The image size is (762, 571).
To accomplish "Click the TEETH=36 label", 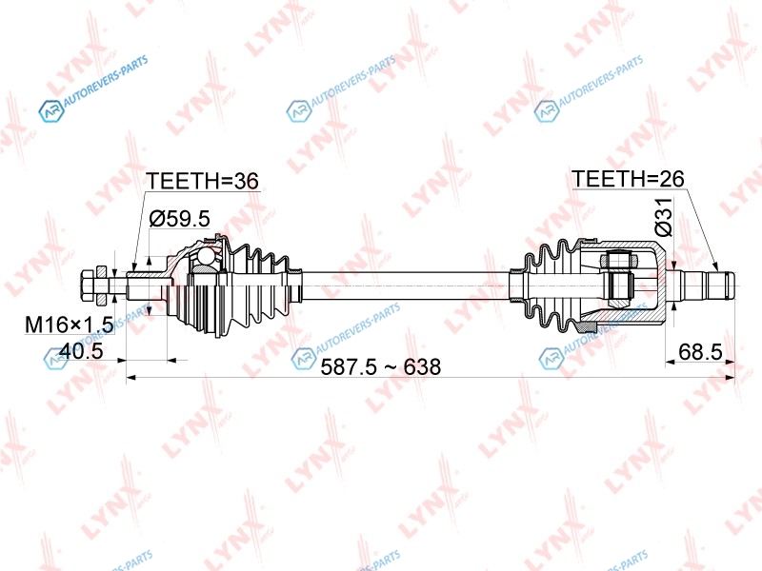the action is (203, 181).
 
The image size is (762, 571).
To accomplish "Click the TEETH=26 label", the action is (628, 179).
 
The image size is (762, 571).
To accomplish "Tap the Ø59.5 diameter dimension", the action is (180, 219).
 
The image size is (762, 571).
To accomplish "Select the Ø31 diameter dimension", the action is (663, 217).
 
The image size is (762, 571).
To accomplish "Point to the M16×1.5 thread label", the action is (69, 325).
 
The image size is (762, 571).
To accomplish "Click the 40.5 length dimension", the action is (81, 350).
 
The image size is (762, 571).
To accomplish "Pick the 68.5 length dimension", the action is (700, 351).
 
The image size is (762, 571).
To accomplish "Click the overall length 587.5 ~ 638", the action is (380, 366).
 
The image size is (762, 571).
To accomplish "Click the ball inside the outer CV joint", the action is (206, 255).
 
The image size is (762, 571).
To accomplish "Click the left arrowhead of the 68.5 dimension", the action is (671, 362).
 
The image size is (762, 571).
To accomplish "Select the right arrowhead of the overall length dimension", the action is (730, 376).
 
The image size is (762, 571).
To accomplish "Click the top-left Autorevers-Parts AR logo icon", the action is (51, 110).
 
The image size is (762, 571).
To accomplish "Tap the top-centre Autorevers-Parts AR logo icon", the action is (299, 110).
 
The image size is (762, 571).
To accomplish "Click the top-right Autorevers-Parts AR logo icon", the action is (547, 110).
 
